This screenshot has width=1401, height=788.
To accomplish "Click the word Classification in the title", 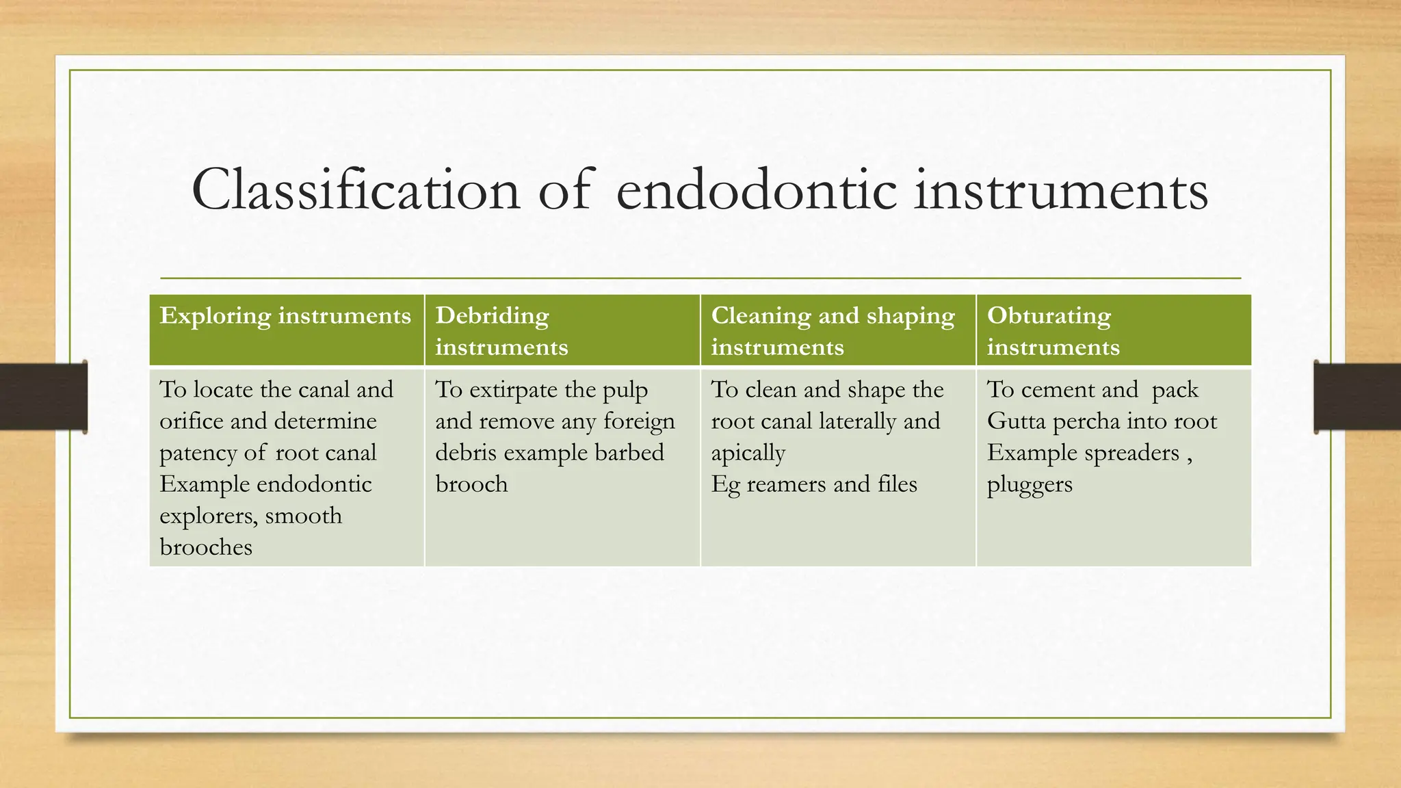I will (x=356, y=190).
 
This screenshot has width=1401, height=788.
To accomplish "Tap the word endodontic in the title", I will (x=756, y=190).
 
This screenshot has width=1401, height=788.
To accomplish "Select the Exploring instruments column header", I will (x=285, y=316).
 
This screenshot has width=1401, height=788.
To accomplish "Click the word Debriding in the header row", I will (x=492, y=316).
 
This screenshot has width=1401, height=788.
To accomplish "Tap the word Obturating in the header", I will (x=1049, y=316).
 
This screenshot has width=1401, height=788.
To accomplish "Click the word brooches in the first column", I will (x=206, y=547).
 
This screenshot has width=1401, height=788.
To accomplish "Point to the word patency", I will (x=197, y=454).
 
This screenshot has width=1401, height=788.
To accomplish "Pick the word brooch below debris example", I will (x=471, y=484).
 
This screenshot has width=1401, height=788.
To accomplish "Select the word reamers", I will (x=787, y=484).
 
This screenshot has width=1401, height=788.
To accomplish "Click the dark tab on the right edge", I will (x=1357, y=397).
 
